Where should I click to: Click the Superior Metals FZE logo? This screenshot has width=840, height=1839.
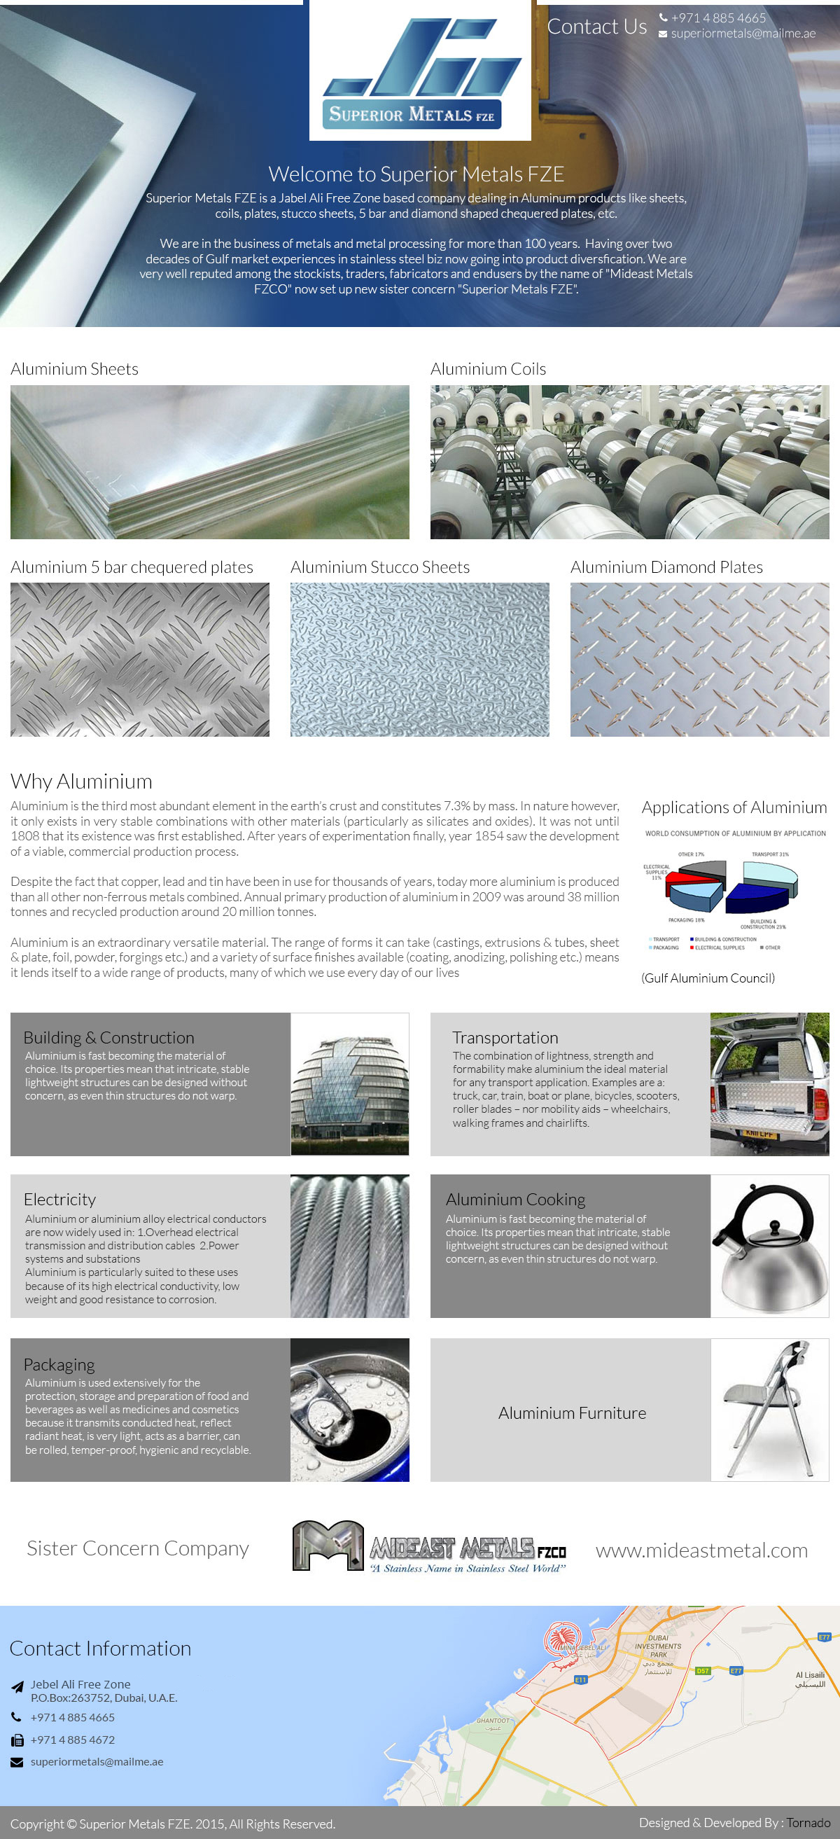(x=419, y=71)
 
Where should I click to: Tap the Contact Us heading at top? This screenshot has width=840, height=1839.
(x=596, y=27)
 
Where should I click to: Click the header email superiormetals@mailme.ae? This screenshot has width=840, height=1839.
(x=742, y=34)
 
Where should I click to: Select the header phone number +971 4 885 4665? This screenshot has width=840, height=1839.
(x=717, y=18)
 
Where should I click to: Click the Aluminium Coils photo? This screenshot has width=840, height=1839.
(x=629, y=462)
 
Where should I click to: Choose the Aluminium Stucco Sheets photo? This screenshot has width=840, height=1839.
(x=419, y=659)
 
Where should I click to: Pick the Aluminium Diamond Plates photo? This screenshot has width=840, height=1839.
(x=699, y=659)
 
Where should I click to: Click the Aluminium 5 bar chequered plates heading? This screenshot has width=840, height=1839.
(x=132, y=567)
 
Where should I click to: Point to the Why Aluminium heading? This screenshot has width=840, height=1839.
(x=81, y=781)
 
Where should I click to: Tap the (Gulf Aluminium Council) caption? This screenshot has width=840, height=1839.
(x=707, y=978)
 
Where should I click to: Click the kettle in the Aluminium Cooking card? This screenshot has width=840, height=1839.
(x=769, y=1246)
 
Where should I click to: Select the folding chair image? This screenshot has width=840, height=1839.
(x=769, y=1409)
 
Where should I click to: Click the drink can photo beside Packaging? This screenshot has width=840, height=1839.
(x=350, y=1409)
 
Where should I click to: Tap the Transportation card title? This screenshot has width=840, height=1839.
(x=505, y=1037)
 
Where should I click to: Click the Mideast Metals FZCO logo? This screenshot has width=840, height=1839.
(x=429, y=1547)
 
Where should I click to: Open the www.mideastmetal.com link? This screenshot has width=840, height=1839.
(x=701, y=1550)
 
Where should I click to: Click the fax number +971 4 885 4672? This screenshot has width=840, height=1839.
(x=72, y=1740)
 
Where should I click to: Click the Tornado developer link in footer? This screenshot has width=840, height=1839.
(x=808, y=1823)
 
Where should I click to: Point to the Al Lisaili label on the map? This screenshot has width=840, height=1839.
(x=810, y=1679)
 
